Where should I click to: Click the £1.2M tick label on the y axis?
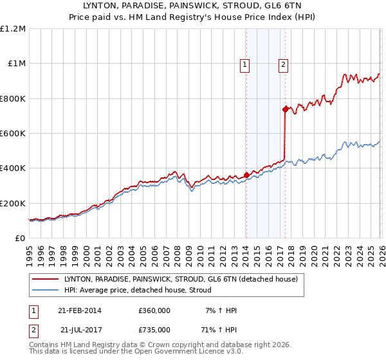coord(13,29)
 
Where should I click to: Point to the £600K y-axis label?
coord(13,134)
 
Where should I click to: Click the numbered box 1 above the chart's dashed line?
coord(246,64)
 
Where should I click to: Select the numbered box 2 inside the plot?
coord(284,64)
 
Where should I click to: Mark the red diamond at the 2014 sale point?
coord(246,175)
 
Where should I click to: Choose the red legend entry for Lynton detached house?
coord(180,280)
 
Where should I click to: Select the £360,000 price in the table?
coord(154,310)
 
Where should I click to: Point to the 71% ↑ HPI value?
coord(220,330)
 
